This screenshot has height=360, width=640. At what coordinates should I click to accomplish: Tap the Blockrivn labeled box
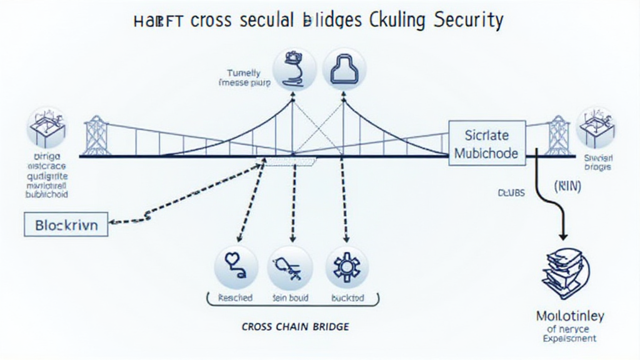point(66,224)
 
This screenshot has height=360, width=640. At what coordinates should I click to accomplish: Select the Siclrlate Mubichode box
point(487,144)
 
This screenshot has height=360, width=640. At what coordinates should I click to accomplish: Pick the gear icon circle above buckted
point(346,266)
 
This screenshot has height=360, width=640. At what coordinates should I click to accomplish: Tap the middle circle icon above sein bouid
point(289,266)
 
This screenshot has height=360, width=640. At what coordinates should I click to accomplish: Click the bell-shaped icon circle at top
point(344,69)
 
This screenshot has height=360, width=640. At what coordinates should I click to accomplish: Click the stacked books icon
point(564,270)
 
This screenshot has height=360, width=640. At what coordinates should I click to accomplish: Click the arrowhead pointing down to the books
point(562,236)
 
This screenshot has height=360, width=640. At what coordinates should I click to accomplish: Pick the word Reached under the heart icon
point(234,298)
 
